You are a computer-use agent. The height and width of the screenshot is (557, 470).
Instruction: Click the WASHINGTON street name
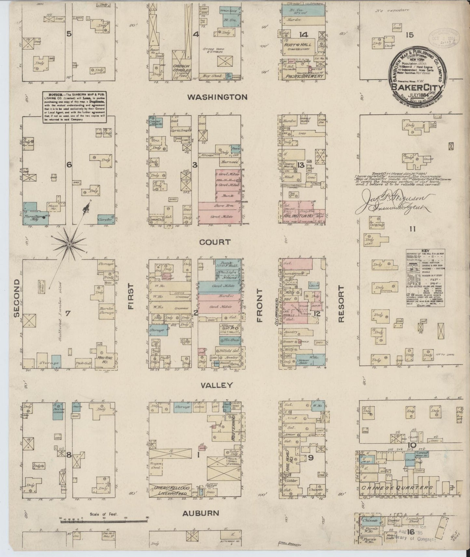222,97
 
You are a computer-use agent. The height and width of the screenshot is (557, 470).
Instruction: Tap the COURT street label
215,242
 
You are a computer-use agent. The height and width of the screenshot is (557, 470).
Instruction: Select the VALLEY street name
217,385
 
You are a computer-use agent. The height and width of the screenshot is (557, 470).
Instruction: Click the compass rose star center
69,243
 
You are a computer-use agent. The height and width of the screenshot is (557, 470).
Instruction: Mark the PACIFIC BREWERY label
303,76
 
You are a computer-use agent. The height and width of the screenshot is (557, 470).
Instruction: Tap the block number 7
68,314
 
